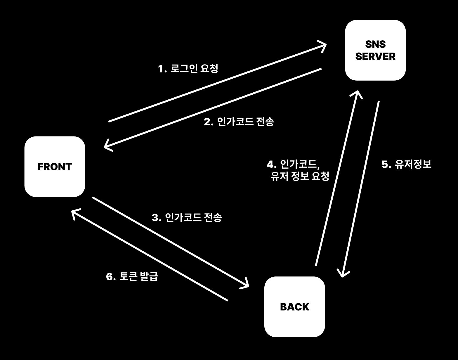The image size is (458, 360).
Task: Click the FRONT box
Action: pos(55,167)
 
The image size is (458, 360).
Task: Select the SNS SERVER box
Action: pos(375,50)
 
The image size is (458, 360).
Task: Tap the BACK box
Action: pos(294,307)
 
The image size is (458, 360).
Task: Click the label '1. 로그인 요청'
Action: pos(188,69)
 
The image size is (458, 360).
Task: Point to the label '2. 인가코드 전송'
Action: pos(239,122)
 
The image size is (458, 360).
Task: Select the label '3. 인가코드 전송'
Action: pos(187,217)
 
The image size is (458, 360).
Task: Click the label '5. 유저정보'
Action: pos(406,164)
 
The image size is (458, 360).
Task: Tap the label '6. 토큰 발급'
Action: pos(132,276)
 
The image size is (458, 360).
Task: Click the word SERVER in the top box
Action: pos(375,56)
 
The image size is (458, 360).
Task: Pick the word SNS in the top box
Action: pos(375,44)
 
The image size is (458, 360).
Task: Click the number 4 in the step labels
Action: pos(270,164)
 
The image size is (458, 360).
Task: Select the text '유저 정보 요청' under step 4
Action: pos(300,176)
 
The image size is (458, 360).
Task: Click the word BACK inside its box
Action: pos(294,307)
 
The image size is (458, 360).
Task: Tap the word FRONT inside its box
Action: pos(55,167)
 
